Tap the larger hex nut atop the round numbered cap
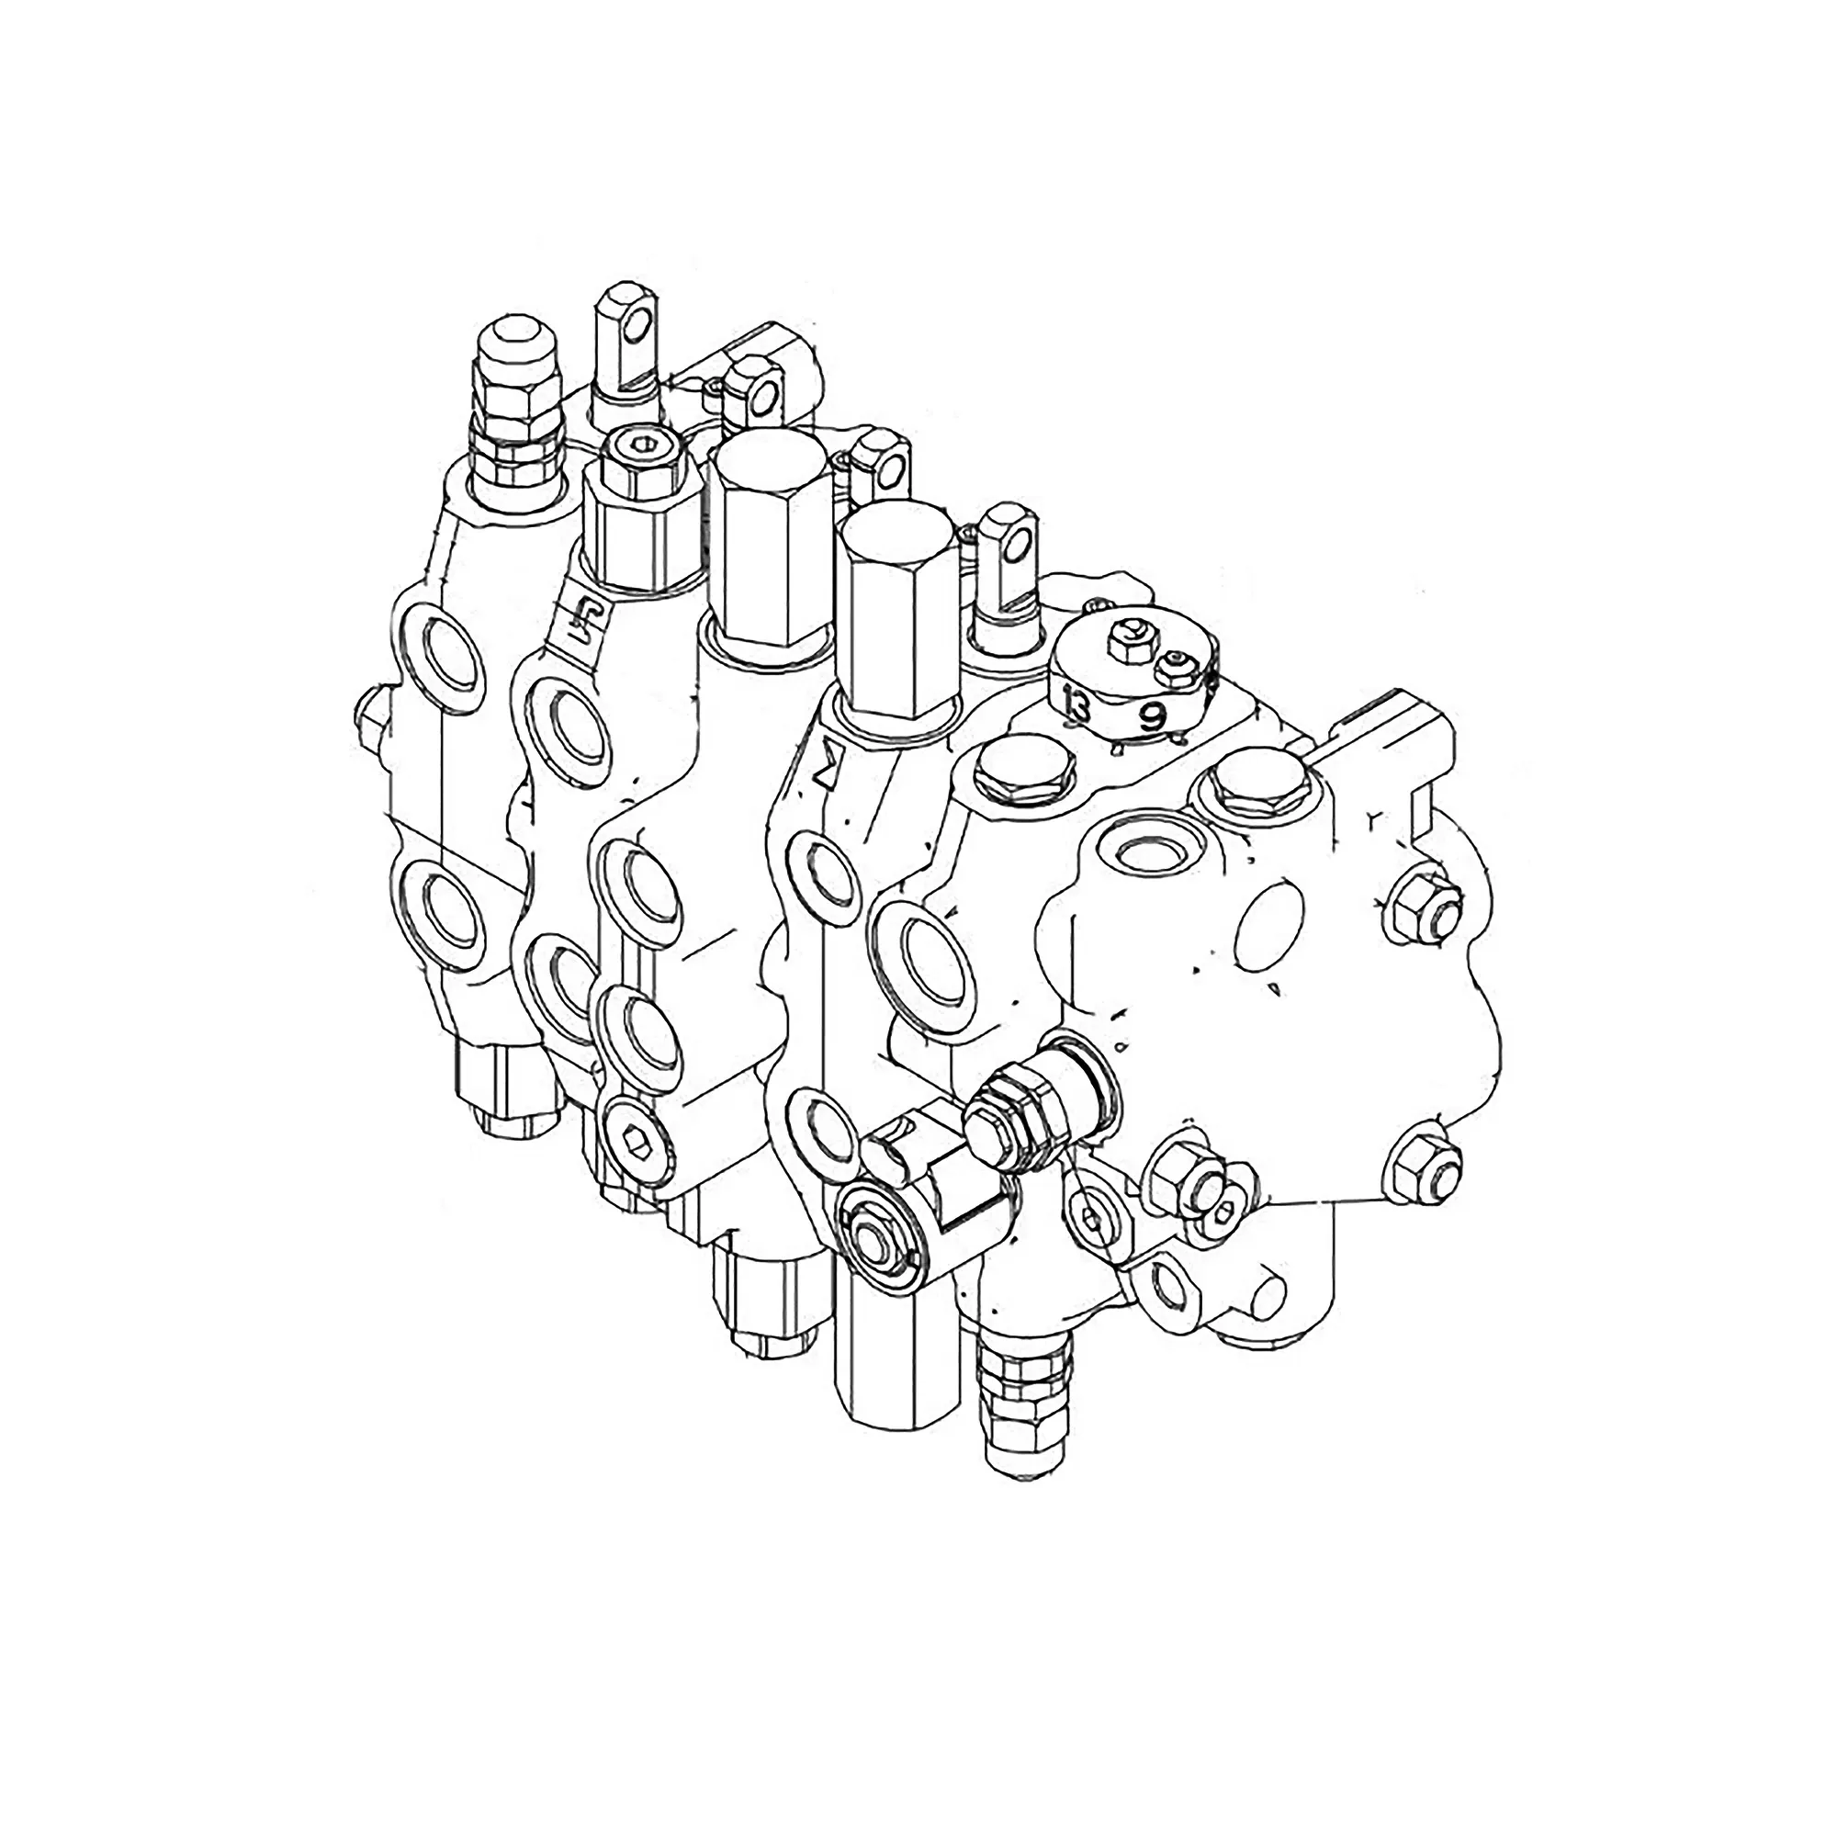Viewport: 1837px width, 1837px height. [x=1129, y=639]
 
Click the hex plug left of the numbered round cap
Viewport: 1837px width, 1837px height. [x=1015, y=762]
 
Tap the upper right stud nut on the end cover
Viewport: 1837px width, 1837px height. [x=1424, y=911]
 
